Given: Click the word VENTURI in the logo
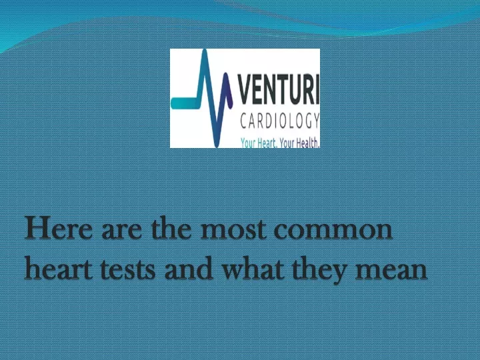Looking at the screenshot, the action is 278,90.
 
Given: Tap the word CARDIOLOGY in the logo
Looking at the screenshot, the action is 280,121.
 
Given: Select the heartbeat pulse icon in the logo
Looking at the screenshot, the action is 202,98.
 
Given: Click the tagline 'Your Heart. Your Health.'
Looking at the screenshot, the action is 280,143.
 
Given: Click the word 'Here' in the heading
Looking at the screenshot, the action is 59,227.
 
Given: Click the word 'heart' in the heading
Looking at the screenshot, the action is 58,267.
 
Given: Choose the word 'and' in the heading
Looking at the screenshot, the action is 189,267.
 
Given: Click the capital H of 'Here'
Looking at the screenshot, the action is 37,227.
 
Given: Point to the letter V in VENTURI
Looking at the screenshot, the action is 245,90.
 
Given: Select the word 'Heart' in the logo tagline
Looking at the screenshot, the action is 265,143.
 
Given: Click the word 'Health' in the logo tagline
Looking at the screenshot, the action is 307,143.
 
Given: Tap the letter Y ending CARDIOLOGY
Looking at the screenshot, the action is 316,121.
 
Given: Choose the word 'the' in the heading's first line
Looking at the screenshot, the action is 171,227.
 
